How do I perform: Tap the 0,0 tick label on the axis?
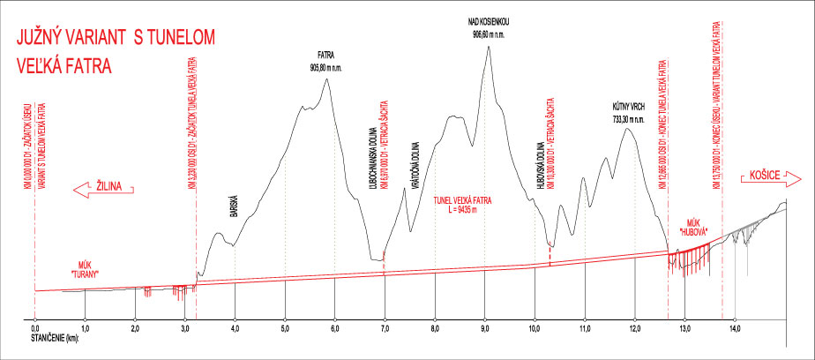(x=34, y=328)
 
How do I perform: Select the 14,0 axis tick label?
(x=735, y=328)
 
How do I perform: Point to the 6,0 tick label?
(x=334, y=328)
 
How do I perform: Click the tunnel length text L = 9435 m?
(x=462, y=210)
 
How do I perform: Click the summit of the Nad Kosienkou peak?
(x=487, y=46)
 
